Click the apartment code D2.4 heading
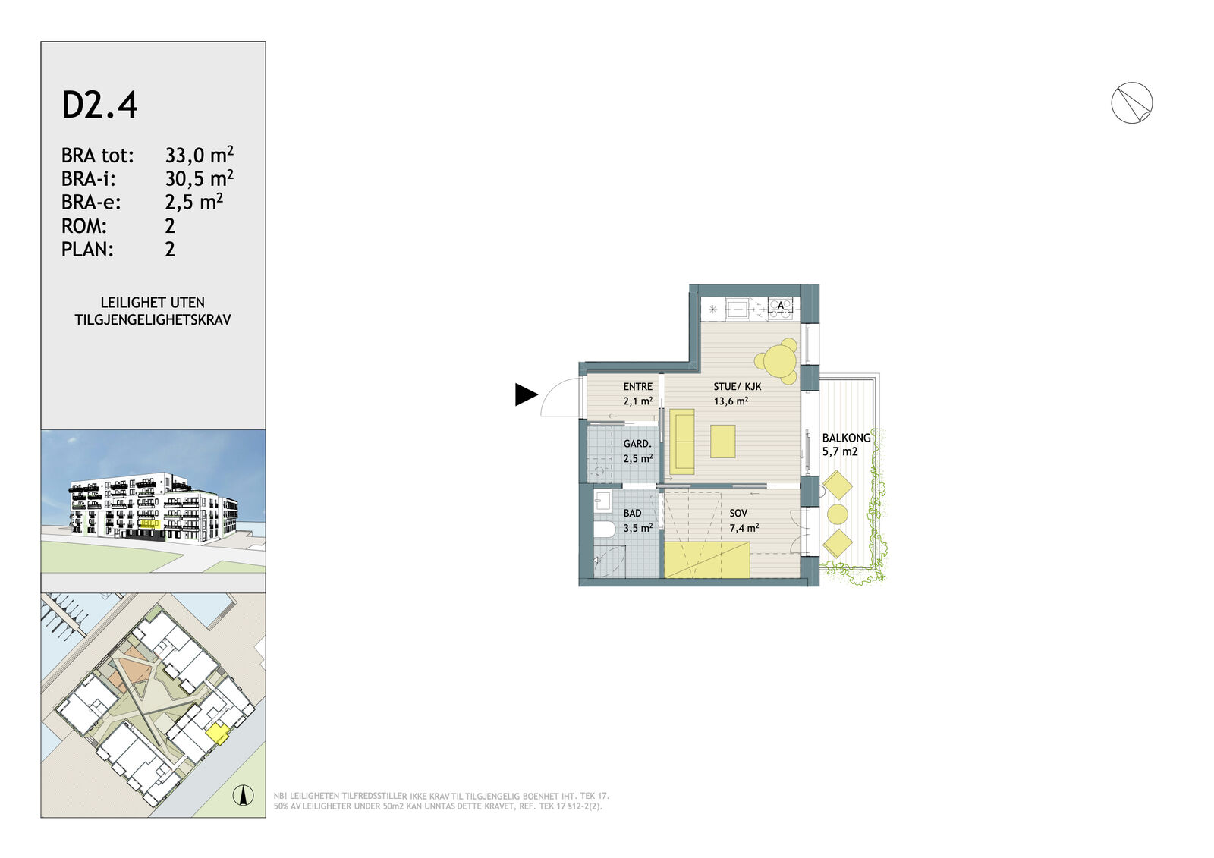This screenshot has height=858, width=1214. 99,105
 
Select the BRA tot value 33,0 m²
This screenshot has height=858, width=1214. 200,155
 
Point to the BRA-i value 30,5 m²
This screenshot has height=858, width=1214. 200,178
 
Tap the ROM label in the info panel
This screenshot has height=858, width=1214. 84,225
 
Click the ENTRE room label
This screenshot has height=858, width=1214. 638,386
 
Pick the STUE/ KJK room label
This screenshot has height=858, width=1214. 738,386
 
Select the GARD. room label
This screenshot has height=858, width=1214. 637,443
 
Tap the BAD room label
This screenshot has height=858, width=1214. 633,513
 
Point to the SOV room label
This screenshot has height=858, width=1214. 739,513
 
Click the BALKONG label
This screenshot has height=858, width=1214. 847,438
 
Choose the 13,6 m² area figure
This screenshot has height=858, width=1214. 731,401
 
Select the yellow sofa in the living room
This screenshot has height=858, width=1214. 682,442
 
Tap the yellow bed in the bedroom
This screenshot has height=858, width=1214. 707,560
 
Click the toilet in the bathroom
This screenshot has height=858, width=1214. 604,530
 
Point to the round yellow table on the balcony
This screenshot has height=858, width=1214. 838,514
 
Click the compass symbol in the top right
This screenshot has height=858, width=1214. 1131,103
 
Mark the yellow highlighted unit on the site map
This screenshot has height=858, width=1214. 218,734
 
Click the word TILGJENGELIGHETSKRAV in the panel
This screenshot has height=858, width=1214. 153,320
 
